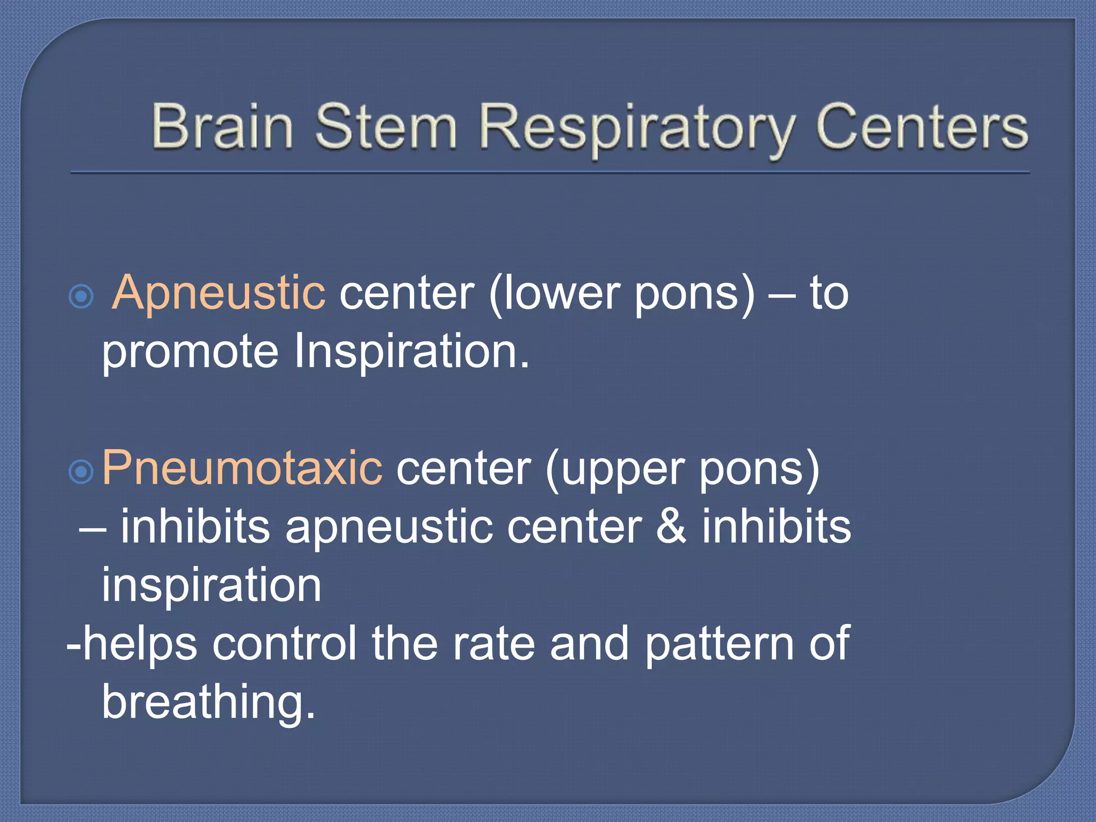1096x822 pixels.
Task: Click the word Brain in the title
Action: click(x=222, y=126)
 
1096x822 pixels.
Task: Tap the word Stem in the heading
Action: click(x=385, y=126)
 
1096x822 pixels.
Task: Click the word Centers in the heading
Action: click(x=922, y=126)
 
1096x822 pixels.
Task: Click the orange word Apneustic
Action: click(x=219, y=293)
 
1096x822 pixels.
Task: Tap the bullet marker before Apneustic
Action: click(x=81, y=296)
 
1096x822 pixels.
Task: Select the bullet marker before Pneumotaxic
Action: click(x=81, y=471)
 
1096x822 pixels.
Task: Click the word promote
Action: click(x=191, y=352)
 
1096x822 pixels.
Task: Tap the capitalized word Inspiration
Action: click(x=412, y=352)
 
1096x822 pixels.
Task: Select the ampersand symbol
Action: click(x=671, y=527)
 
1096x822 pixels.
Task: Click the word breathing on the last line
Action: click(x=209, y=702)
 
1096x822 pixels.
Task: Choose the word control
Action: click(x=285, y=643)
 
